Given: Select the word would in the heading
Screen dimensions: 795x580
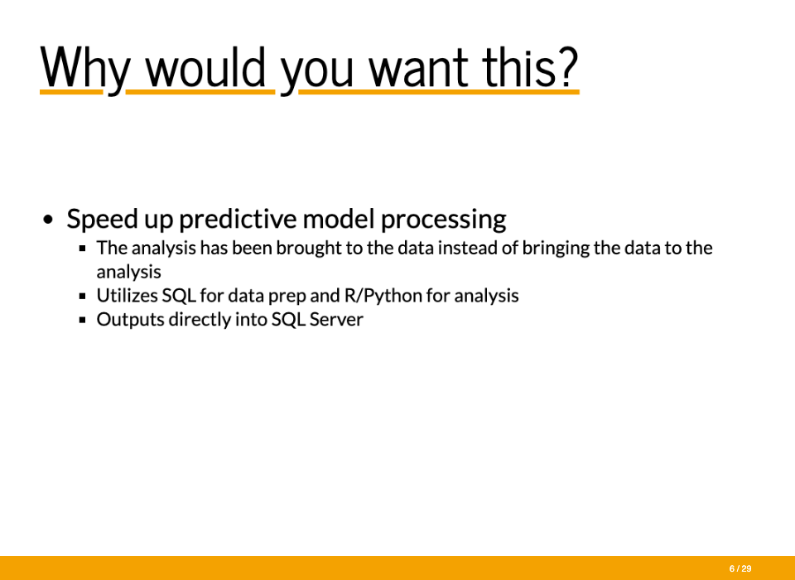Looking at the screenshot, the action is point(206,67).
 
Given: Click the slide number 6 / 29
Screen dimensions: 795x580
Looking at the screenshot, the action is point(740,569).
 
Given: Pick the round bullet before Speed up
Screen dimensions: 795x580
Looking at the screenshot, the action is point(48,220).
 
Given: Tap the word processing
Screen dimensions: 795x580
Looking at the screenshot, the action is point(443,220).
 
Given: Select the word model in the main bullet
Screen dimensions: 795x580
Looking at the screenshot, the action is point(338,219).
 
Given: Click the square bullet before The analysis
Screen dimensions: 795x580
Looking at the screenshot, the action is point(83,249).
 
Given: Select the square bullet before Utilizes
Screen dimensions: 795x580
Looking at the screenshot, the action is point(83,296).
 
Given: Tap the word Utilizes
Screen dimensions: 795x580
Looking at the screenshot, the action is point(127,295).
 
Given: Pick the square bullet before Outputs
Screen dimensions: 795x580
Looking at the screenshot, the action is point(83,320).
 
